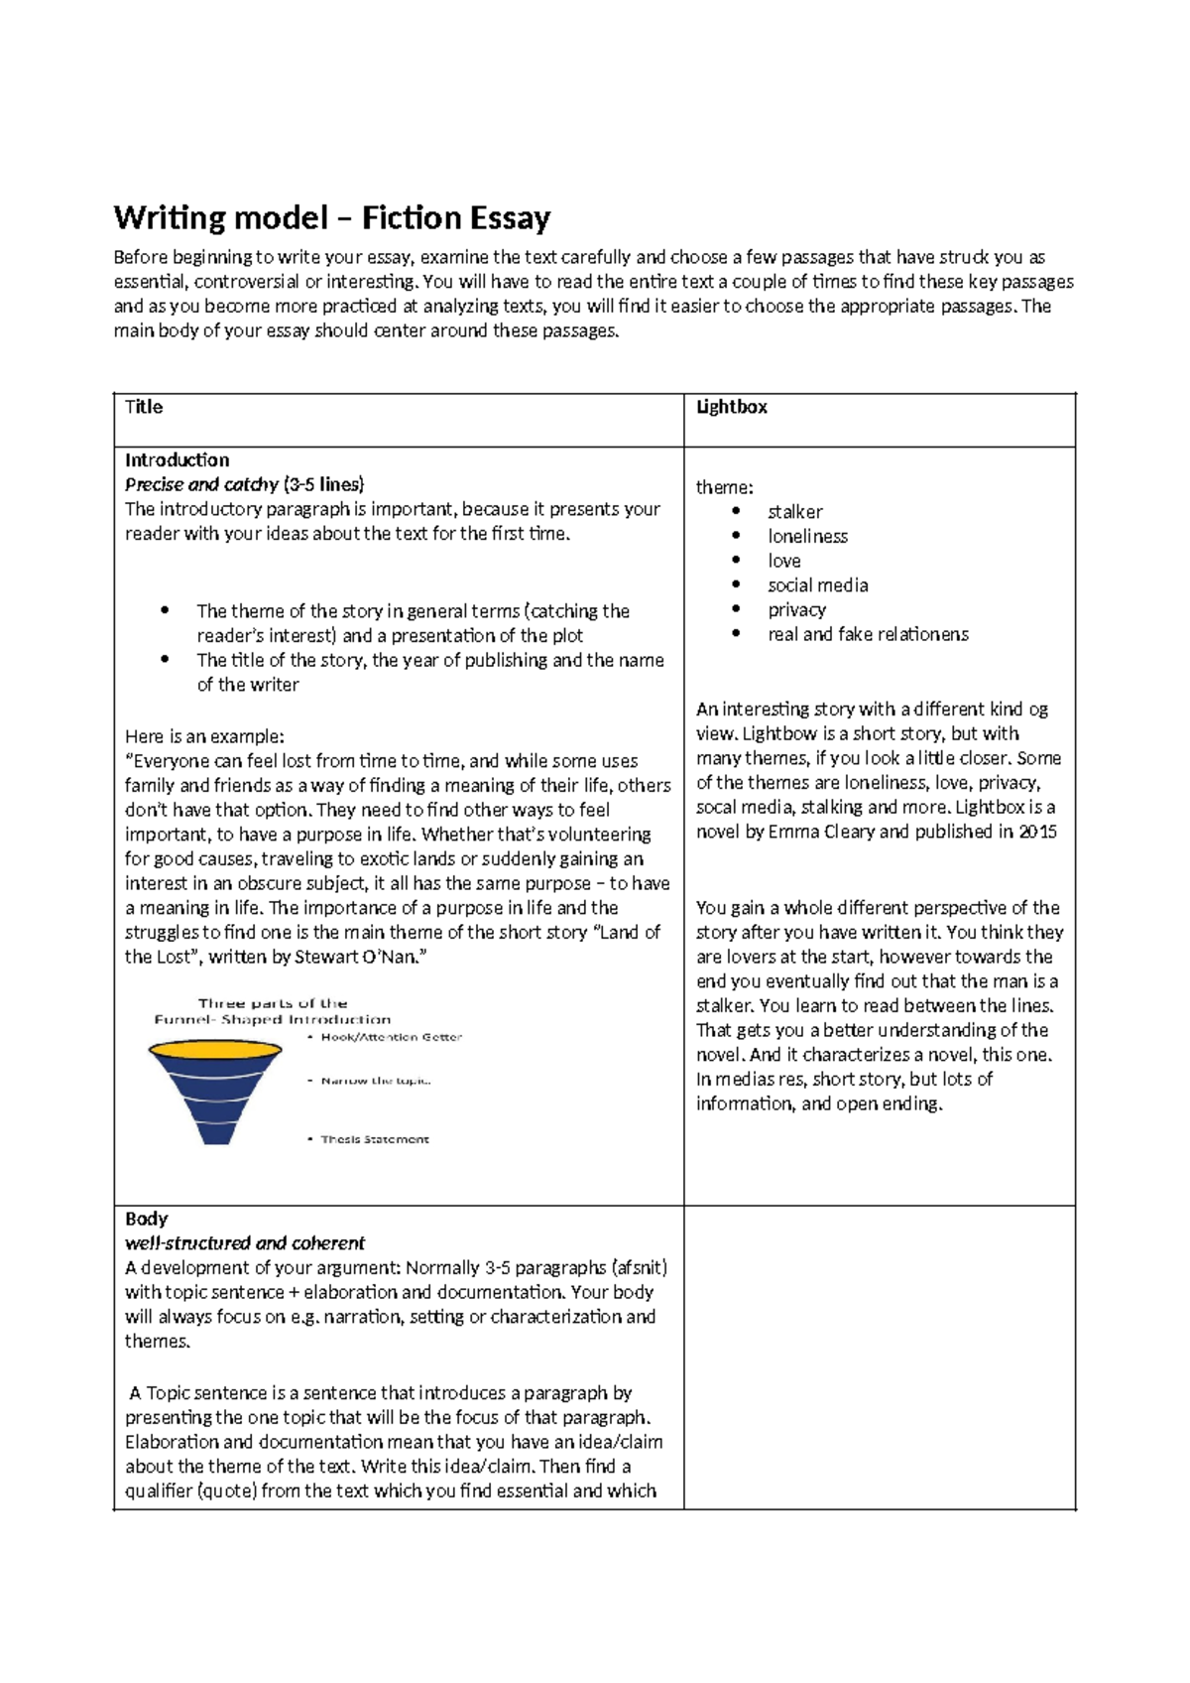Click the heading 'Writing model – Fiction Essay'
tap(331, 217)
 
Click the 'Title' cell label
tap(144, 407)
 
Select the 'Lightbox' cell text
tap(731, 407)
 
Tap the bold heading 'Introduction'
tap(177, 459)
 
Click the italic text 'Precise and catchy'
tap(201, 484)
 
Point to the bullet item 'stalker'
tap(794, 512)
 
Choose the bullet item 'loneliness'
tap(807, 536)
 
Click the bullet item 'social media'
tap(817, 585)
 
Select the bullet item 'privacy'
tap(796, 609)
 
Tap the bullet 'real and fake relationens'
tap(868, 634)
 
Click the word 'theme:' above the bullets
tap(724, 487)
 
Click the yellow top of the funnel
tap(214, 1049)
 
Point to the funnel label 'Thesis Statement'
tap(374, 1139)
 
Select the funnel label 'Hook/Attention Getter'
tap(391, 1037)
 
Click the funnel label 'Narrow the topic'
tap(375, 1081)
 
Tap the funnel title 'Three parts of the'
tap(272, 1003)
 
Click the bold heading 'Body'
tap(146, 1219)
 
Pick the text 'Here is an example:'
tap(204, 736)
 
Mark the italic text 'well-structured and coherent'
tap(245, 1243)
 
